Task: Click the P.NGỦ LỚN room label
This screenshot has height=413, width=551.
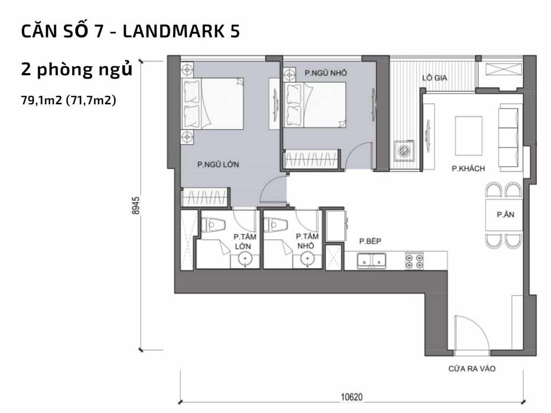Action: [x=218, y=165]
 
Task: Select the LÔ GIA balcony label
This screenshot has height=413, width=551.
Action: [x=435, y=77]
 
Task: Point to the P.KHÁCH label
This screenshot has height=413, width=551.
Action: [x=468, y=169]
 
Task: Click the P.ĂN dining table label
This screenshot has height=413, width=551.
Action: [x=504, y=215]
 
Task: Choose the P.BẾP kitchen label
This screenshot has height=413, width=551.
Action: [x=370, y=241]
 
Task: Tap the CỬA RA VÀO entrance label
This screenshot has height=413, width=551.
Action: [x=471, y=369]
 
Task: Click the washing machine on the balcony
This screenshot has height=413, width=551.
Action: [x=404, y=150]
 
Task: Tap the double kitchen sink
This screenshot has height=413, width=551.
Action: [x=372, y=261]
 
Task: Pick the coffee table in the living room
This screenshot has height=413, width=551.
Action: [x=469, y=135]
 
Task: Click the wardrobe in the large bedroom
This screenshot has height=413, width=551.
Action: [x=206, y=197]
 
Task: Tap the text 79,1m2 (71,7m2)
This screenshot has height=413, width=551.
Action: [x=69, y=100]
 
